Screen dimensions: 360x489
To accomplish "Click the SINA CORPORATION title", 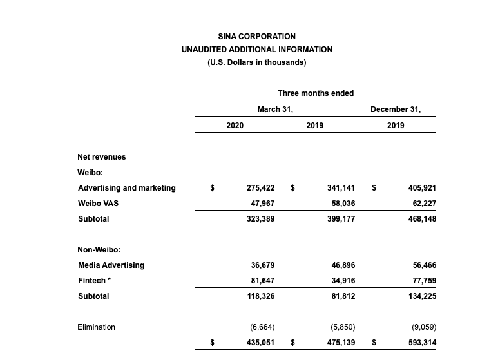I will (x=256, y=37).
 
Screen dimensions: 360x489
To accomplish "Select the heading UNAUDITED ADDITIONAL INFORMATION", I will (x=256, y=50).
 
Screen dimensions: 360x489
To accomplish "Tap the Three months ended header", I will (x=316, y=93).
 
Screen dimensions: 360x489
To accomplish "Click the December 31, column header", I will (x=396, y=109).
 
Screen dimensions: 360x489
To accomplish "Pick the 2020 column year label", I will (x=235, y=126).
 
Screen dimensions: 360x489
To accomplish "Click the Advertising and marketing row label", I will (x=127, y=188).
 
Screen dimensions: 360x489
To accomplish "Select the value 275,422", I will (x=260, y=188).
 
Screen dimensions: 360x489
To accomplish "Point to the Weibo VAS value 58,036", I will (x=341, y=204).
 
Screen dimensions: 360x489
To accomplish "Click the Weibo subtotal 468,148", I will (x=422, y=219).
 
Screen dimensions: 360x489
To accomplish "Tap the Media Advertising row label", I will (x=111, y=265).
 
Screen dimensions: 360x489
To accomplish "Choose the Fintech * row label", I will (x=95, y=281).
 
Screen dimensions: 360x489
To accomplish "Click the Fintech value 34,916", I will (x=341, y=281).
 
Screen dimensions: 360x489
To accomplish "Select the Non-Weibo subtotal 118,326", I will (x=260, y=296).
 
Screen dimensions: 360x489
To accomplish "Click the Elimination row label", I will (x=96, y=327).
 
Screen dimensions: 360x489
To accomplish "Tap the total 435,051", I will (x=260, y=343).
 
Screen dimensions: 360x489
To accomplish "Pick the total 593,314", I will (x=422, y=343).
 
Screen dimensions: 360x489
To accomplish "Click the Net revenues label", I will (x=102, y=157).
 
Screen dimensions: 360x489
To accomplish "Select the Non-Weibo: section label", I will (x=99, y=250).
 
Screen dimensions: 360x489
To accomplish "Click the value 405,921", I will (x=422, y=188).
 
